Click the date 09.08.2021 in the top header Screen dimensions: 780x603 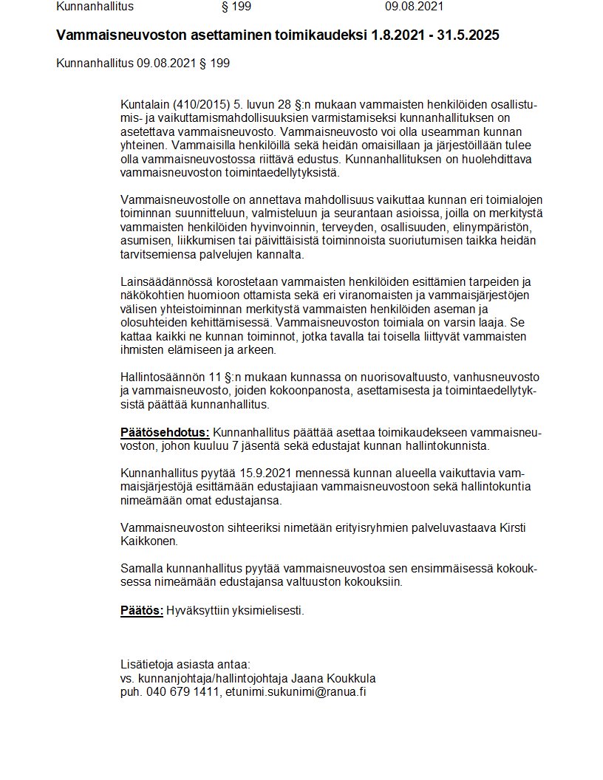[414, 7]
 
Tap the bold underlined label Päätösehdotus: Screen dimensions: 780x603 [165, 432]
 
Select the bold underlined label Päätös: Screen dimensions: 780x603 [142, 611]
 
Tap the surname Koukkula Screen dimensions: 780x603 [341, 678]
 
